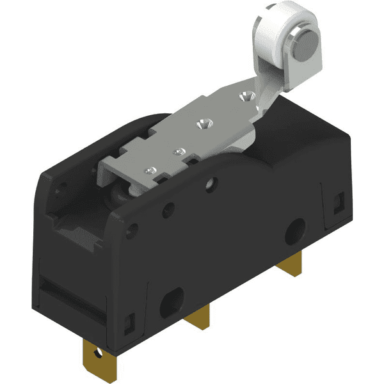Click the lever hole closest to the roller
pyautogui.click(x=243, y=97)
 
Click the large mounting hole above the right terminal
pyautogui.click(x=295, y=228)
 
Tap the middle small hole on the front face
pyautogui.click(x=170, y=208)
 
